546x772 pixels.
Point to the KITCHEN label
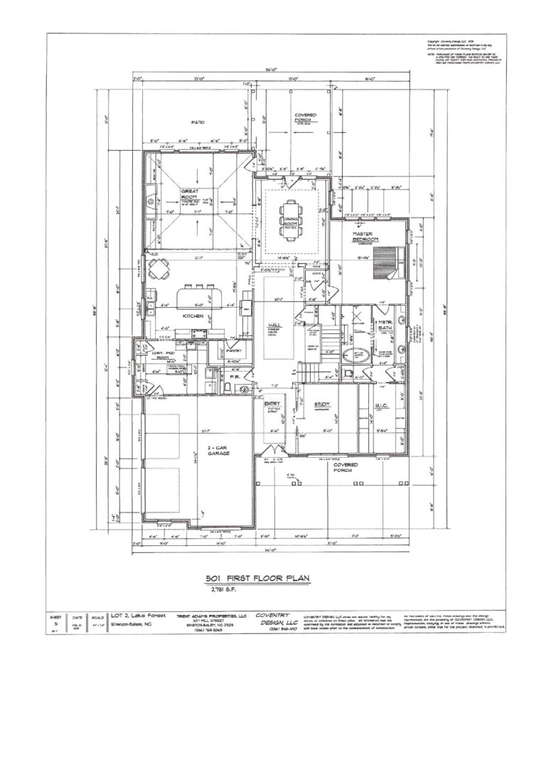(193, 315)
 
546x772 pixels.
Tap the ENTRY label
(273, 403)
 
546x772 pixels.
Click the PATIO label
(197, 123)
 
